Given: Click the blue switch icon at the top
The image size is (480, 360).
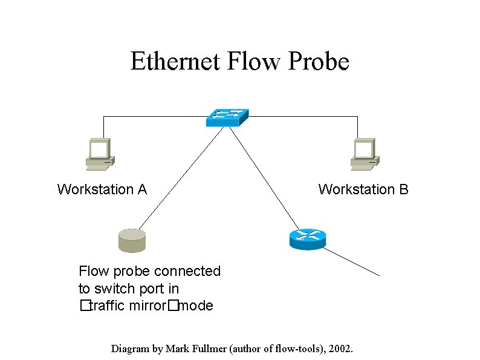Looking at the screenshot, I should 227,117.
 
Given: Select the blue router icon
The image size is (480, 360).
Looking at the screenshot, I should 308,239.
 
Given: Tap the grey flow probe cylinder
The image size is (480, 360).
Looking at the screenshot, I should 132,240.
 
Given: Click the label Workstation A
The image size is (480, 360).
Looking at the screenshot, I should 102,189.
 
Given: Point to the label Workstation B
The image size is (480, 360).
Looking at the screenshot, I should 363,189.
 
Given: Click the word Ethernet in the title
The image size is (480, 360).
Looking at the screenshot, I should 175,61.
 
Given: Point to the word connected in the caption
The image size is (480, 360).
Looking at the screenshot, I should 187,271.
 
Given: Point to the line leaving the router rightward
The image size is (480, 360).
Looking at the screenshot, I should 354,263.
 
